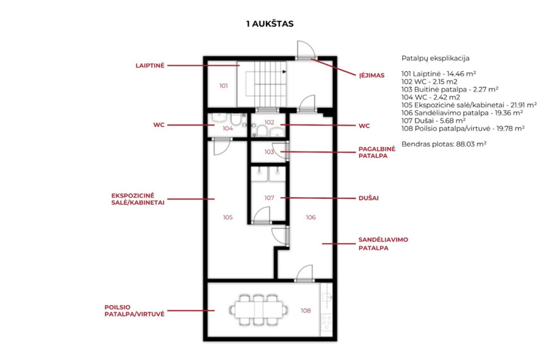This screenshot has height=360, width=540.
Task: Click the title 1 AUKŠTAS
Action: [x=270, y=24]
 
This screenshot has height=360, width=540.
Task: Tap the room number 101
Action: [x=224, y=86]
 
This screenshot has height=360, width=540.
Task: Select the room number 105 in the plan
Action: [x=227, y=217]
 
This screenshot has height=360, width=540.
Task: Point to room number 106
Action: [x=311, y=217]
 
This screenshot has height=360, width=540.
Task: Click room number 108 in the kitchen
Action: [x=306, y=311]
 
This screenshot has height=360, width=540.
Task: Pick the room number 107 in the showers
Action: [x=269, y=198]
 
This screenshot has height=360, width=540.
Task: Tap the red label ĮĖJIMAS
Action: [x=371, y=75]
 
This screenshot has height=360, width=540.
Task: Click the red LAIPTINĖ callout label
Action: [x=150, y=66]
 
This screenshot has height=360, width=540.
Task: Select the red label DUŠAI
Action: [x=368, y=198]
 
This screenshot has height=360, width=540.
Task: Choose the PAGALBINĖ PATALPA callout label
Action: [x=377, y=152]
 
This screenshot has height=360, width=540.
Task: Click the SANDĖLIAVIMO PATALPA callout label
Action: [x=383, y=244]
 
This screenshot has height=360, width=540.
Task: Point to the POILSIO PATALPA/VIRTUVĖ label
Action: [x=135, y=310]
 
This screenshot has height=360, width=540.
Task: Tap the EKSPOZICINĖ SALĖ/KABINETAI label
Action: [x=138, y=199]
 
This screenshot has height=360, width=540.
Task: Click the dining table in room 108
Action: [x=258, y=310]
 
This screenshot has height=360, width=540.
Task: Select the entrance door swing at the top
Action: [x=306, y=50]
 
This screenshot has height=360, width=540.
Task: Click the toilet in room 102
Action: [x=261, y=131]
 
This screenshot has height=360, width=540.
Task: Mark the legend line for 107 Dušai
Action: [x=433, y=121]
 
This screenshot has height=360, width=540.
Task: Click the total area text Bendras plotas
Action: [x=444, y=144]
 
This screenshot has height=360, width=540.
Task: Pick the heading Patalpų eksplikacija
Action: [x=435, y=58]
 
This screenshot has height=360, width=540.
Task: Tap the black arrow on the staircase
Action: [x=284, y=71]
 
